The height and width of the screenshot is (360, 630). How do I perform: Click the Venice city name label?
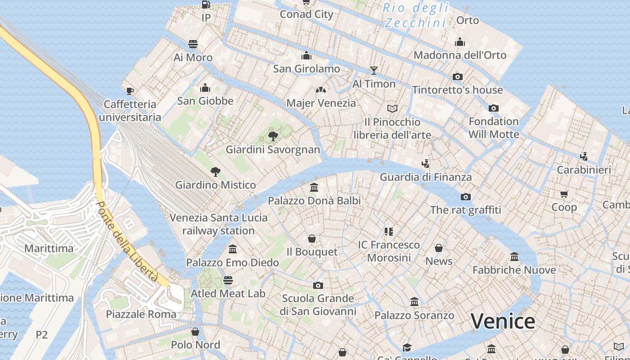(503, 321)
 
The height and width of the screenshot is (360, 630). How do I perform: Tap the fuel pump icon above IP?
(206, 4)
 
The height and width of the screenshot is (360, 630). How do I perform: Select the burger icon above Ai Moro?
(193, 44)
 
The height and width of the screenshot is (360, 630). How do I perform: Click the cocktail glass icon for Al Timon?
(373, 70)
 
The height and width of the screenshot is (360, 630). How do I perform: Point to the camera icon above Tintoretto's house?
(457, 76)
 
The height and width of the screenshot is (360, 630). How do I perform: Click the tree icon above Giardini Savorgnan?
(273, 136)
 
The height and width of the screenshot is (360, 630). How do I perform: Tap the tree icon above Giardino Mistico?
(215, 171)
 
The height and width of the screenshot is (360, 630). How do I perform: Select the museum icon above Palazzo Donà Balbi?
(314, 187)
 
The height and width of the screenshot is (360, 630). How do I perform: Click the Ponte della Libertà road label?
(127, 242)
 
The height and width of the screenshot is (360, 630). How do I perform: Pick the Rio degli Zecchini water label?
(416, 15)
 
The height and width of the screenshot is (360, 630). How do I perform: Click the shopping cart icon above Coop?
(564, 194)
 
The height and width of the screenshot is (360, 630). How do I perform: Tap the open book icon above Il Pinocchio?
(392, 108)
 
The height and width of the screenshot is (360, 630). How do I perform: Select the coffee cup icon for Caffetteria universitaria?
(130, 91)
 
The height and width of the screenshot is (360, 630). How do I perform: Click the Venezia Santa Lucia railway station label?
(219, 224)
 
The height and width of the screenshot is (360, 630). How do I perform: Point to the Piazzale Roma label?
(141, 314)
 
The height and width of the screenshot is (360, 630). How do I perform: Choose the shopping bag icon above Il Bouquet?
(311, 238)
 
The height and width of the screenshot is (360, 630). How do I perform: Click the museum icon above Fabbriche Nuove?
(514, 256)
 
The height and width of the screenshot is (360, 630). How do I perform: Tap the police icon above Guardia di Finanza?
(425, 163)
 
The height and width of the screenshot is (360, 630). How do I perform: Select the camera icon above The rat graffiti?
(465, 197)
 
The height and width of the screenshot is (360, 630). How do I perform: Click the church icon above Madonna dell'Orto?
(459, 42)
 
